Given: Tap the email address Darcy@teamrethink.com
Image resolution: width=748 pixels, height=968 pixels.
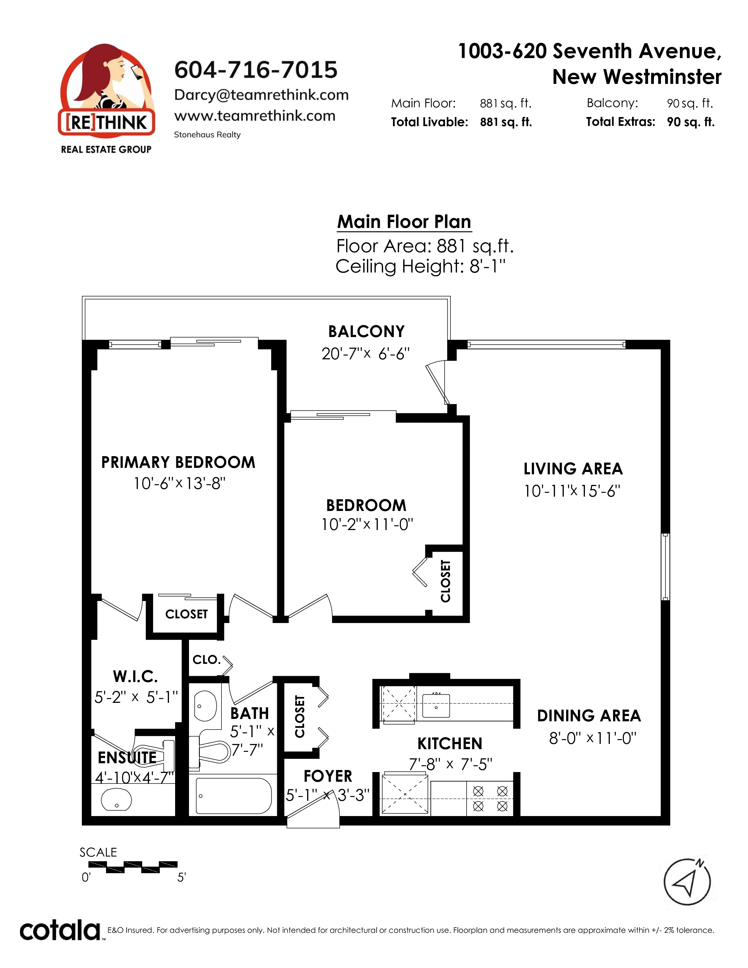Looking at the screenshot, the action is (x=261, y=94).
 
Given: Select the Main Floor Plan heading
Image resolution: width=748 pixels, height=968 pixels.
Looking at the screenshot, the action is (x=404, y=221).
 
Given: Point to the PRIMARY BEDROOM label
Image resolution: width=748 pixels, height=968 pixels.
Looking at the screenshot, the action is (x=178, y=462).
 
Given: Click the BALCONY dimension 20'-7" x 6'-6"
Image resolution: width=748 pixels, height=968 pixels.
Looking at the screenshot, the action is (x=365, y=354).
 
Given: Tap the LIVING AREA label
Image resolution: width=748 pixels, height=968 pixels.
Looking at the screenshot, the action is (x=573, y=468).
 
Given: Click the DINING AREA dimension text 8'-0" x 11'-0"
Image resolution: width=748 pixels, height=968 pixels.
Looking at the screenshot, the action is (x=593, y=738).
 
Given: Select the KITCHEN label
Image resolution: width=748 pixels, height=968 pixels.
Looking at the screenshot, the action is (x=450, y=743).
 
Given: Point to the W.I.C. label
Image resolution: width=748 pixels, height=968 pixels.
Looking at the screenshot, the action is (x=136, y=677).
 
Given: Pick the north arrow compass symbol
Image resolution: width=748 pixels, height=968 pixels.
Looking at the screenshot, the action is (x=687, y=882).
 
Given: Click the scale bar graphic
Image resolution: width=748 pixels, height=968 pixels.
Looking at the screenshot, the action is (x=133, y=867).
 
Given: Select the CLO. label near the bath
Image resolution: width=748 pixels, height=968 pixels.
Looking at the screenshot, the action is (x=207, y=659).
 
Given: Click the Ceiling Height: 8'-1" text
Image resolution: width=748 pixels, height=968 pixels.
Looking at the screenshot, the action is (x=421, y=266).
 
